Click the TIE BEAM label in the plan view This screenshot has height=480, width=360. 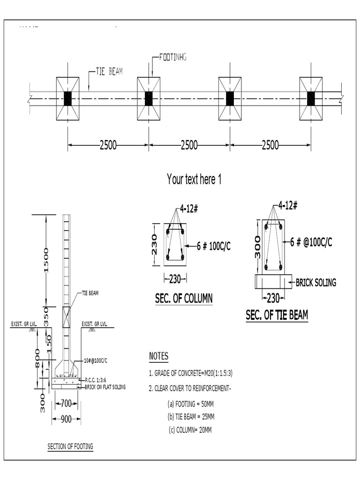tap(110, 72)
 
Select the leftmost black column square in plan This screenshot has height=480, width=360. tap(67, 98)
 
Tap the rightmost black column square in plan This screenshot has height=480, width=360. tap(311, 98)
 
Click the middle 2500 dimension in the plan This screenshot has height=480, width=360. tap(189, 145)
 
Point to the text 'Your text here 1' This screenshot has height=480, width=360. tap(194, 179)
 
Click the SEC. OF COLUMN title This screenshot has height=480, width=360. tap(183, 298)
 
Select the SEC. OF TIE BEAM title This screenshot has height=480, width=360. tap(277, 315)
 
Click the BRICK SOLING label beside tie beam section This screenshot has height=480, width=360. tap(315, 283)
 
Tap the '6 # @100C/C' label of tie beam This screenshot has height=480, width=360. tap(311, 242)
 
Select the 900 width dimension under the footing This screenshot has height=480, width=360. tap(66, 419)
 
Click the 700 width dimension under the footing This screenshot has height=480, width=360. tap(66, 403)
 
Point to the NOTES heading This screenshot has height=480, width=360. tap(158, 356)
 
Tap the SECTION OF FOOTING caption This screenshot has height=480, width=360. tap(70, 447)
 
